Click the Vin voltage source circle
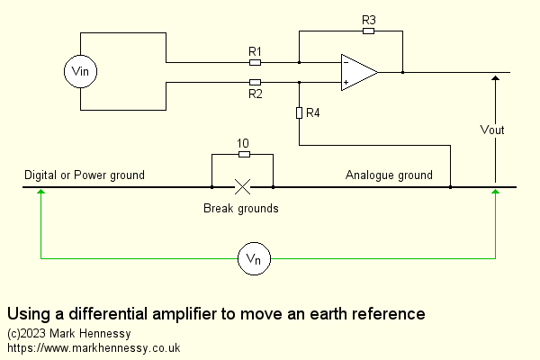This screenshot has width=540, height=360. (81, 72)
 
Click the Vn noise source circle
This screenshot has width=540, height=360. (253, 259)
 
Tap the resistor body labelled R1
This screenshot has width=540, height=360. (255, 63)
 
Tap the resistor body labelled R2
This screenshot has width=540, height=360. (255, 81)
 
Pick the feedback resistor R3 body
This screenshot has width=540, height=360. (368, 31)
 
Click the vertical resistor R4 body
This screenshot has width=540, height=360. (299, 113)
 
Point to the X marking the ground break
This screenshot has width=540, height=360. (242, 187)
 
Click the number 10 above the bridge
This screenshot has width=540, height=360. (242, 144)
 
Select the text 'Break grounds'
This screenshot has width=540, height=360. (241, 209)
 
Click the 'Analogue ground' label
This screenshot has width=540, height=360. (389, 175)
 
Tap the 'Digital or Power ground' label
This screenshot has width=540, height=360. (84, 175)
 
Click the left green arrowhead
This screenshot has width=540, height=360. (40, 194)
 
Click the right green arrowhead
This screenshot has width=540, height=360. (495, 194)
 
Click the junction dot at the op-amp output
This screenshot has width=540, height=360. (402, 72)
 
